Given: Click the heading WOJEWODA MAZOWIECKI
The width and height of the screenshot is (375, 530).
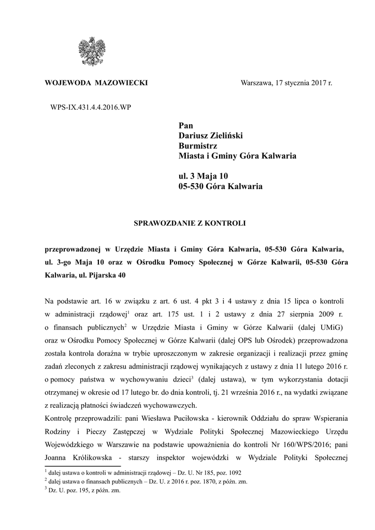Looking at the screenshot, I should pos(96,83).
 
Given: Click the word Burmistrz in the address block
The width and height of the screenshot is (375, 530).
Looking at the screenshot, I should pos(195,146).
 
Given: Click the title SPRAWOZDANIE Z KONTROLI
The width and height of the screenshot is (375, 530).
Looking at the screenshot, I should pos(190,224).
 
